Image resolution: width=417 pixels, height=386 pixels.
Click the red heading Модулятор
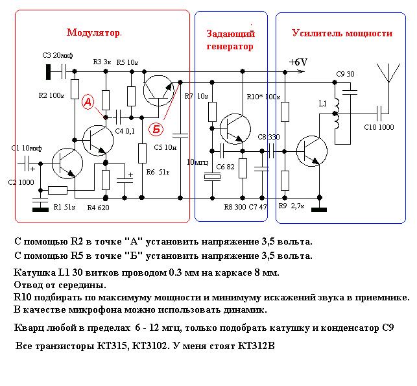(93, 32)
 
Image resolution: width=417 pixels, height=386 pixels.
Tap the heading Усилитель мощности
(342, 33)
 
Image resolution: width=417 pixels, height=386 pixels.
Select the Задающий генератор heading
(230, 40)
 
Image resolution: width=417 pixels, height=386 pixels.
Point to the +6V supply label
(298, 62)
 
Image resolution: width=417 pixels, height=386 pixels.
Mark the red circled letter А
(88, 102)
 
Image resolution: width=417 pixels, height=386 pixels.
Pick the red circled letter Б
(156, 129)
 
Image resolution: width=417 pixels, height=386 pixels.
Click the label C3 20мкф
(57, 55)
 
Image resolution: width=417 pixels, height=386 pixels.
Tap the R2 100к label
(52, 95)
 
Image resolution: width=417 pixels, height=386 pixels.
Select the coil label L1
(322, 103)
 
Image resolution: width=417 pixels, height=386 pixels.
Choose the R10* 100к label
(263, 96)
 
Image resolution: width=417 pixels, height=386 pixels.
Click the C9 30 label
(345, 74)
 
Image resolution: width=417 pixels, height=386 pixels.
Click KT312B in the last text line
(256, 346)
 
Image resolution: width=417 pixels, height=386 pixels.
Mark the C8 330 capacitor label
(268, 137)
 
